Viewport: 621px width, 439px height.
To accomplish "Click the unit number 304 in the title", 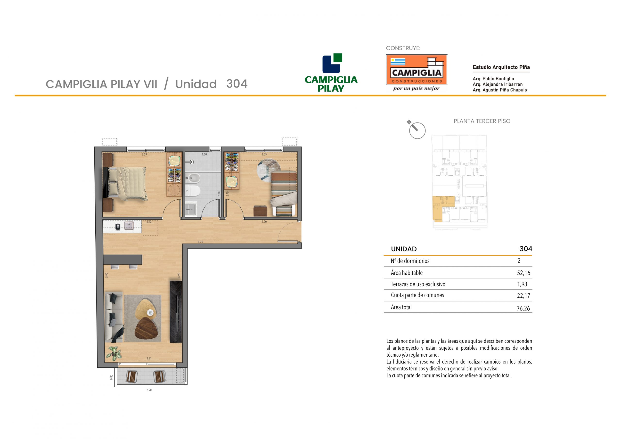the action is click(x=237, y=84).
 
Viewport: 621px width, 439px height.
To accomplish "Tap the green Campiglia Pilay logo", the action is click(x=331, y=73).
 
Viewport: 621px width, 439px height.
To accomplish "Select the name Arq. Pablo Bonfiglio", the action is click(x=493, y=79).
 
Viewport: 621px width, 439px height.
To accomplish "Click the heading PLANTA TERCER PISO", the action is click(x=482, y=121).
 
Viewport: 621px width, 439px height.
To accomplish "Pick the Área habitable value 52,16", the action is click(x=524, y=273).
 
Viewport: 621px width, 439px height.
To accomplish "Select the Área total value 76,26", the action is click(x=523, y=308).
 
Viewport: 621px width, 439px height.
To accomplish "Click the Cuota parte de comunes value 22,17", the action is click(x=524, y=296).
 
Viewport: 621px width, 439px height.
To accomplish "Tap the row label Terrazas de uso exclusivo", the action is click(x=418, y=284).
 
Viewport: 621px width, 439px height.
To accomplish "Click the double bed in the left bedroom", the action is click(x=125, y=183).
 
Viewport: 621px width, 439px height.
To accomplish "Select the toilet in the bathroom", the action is click(x=193, y=191).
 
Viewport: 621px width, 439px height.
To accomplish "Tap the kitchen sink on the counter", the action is click(x=129, y=226).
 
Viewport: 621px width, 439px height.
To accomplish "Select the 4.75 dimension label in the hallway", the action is click(x=200, y=242).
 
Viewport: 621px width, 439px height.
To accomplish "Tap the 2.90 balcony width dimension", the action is click(x=149, y=390).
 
